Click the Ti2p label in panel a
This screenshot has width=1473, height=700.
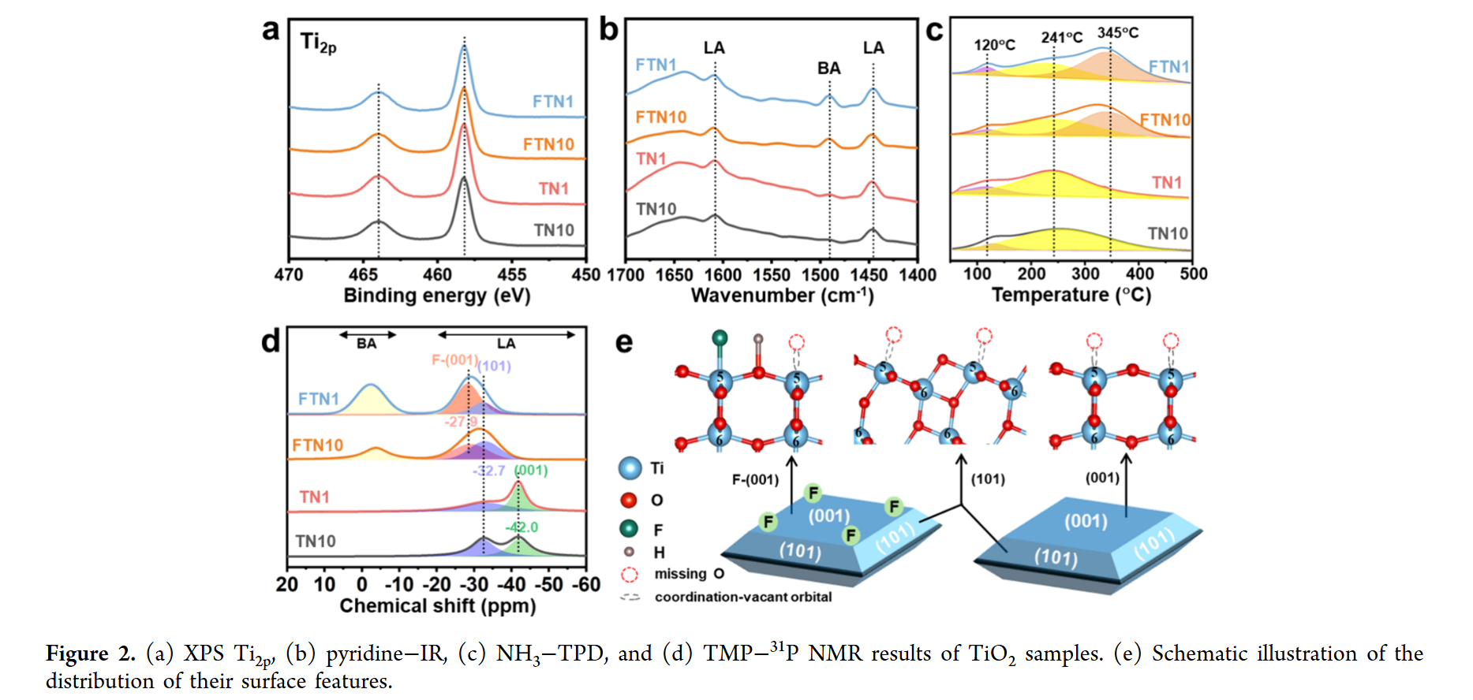pos(317,43)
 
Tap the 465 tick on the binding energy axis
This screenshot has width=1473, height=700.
pos(363,275)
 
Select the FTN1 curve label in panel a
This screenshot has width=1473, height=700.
pos(552,102)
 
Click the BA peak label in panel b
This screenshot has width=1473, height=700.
pos(828,69)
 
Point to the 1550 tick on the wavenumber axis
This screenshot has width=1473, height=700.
pos(771,275)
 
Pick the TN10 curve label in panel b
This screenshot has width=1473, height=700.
pos(656,209)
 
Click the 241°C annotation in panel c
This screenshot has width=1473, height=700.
pos(1061,38)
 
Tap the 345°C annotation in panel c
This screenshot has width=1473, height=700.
pos(1118,33)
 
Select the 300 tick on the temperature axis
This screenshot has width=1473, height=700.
pos(1085,274)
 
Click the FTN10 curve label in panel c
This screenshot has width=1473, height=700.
pos(1165,120)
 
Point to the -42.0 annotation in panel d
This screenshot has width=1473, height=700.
pos(522,527)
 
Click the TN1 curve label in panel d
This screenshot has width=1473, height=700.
pos(314,497)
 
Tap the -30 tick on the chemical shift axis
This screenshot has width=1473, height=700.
pos(474,585)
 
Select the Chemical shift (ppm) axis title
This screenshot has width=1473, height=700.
pos(437,606)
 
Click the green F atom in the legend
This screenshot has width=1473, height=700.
pos(629,528)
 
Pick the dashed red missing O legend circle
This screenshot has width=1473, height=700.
pos(629,575)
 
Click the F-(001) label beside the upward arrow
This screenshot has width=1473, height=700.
pos(755,479)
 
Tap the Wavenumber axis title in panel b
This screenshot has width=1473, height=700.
pos(782,296)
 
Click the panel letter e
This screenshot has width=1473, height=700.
pos(623,343)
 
